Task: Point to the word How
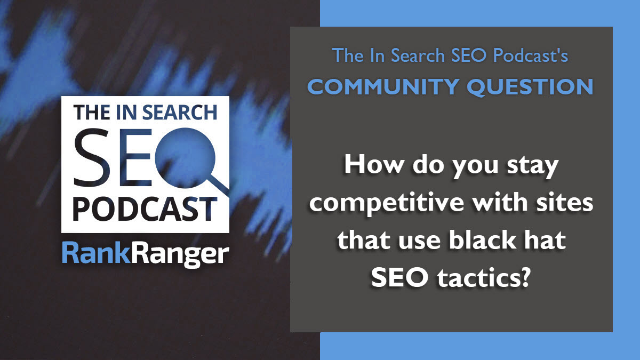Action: [x=370, y=168]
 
